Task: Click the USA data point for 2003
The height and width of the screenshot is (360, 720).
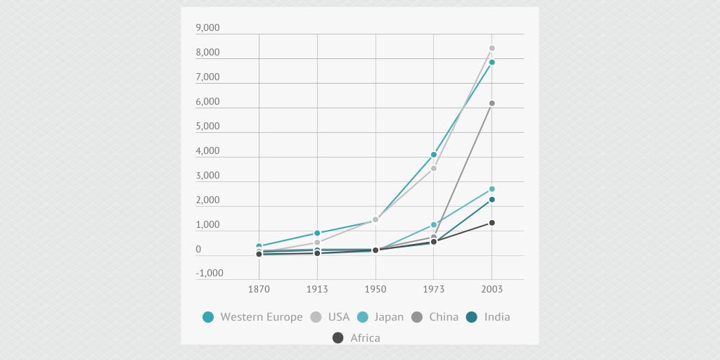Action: tap(492, 49)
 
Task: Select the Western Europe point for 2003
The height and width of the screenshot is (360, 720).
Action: tap(492, 63)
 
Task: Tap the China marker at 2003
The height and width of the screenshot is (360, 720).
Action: tap(492, 103)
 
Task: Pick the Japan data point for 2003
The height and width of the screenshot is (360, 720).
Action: tap(492, 189)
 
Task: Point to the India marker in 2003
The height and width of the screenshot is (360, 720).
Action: tap(492, 200)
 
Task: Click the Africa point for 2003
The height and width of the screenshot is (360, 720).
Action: tap(492, 223)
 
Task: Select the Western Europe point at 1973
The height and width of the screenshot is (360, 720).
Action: tap(434, 155)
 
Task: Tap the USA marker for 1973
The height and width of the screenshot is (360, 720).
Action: tap(434, 168)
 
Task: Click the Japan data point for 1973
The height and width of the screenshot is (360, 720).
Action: tap(434, 225)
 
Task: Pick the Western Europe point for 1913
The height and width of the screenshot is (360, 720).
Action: tap(317, 233)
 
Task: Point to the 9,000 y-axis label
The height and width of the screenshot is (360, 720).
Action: tap(207, 28)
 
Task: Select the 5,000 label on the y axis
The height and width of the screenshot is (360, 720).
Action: tap(207, 127)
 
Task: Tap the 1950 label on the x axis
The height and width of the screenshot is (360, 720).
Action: tap(375, 289)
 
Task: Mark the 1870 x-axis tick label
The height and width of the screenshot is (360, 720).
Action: tap(259, 289)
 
